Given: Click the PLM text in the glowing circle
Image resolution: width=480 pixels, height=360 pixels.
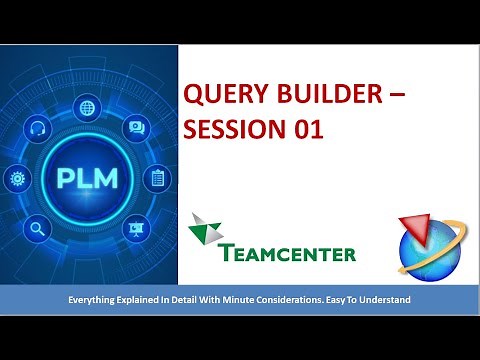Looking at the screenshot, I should (89, 181).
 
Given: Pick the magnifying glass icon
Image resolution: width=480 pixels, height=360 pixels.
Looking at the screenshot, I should (38, 228).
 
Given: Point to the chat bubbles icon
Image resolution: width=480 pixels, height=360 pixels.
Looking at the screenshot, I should (136, 128).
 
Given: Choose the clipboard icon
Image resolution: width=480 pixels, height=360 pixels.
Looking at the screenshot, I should (158, 180).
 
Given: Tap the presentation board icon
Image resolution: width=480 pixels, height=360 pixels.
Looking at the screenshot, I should (137, 229).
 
